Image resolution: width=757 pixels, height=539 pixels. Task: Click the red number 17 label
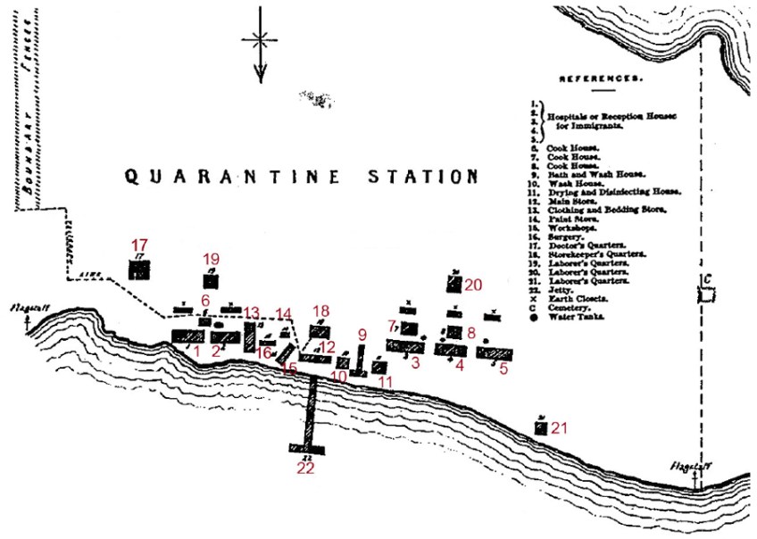click(x=138, y=244)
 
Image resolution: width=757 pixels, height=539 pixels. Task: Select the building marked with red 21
click(x=540, y=428)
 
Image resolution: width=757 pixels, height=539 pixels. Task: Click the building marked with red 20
click(x=453, y=285)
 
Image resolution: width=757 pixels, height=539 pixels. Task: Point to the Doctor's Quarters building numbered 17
click(x=138, y=269)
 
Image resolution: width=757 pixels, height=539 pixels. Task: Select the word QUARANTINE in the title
click(x=232, y=176)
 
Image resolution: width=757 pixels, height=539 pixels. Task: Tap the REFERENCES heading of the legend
click(x=600, y=79)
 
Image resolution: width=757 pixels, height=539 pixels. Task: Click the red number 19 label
click(x=212, y=259)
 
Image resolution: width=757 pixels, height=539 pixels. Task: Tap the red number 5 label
click(x=503, y=369)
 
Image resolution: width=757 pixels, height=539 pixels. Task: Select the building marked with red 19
click(x=211, y=280)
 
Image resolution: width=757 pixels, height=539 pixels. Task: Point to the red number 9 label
click(x=362, y=334)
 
